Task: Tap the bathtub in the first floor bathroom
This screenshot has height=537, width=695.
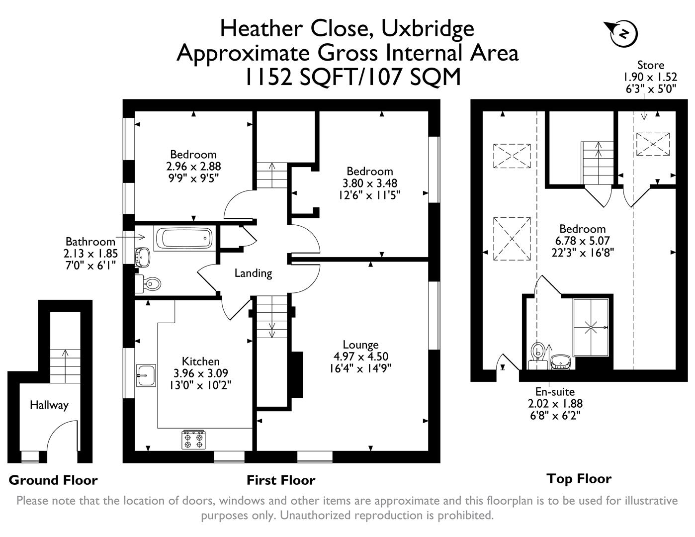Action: [x=184, y=238]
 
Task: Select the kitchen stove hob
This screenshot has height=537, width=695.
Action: [x=193, y=440]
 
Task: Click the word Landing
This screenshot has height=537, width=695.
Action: [x=253, y=273]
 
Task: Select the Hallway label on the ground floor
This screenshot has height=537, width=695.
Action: [x=49, y=405]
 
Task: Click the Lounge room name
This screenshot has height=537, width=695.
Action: [x=360, y=345]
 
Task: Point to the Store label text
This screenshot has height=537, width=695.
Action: [x=650, y=65]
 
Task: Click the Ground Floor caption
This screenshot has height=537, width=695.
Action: [x=53, y=480]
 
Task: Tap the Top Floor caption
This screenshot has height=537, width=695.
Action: [x=579, y=479]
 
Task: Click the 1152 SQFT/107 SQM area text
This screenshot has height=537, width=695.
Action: [x=352, y=77]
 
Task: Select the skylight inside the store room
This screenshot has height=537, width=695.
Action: [x=653, y=144]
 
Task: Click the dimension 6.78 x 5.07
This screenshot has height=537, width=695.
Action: [x=583, y=241]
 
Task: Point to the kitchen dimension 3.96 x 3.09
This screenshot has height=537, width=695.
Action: [x=200, y=373]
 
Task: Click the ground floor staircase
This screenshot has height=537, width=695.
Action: [x=65, y=365]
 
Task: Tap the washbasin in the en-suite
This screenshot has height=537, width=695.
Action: [x=561, y=362]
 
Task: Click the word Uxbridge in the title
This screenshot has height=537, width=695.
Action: [x=428, y=28]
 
